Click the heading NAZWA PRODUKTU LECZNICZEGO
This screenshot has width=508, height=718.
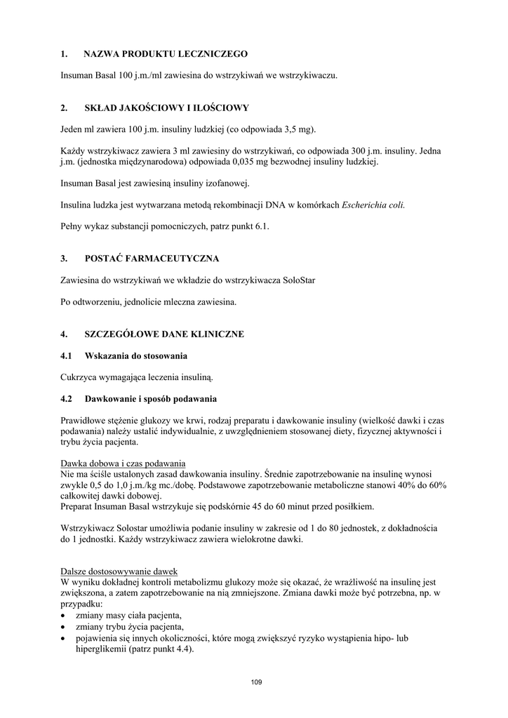tap(166, 54)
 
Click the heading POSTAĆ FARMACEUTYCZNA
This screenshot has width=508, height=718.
tap(152, 259)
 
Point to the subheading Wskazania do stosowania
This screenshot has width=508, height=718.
tap(136, 356)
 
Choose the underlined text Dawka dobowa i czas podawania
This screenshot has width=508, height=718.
tap(123, 463)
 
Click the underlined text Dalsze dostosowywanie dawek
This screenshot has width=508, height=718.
tap(119, 571)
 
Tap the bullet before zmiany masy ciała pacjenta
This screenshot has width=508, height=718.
tap(64, 615)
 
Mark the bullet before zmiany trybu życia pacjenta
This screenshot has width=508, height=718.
tap(64, 627)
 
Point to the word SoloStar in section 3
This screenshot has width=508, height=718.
tap(299, 280)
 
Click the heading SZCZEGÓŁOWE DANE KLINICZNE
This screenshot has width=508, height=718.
tap(164, 334)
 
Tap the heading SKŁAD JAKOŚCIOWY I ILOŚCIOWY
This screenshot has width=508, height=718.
tap(167, 108)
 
